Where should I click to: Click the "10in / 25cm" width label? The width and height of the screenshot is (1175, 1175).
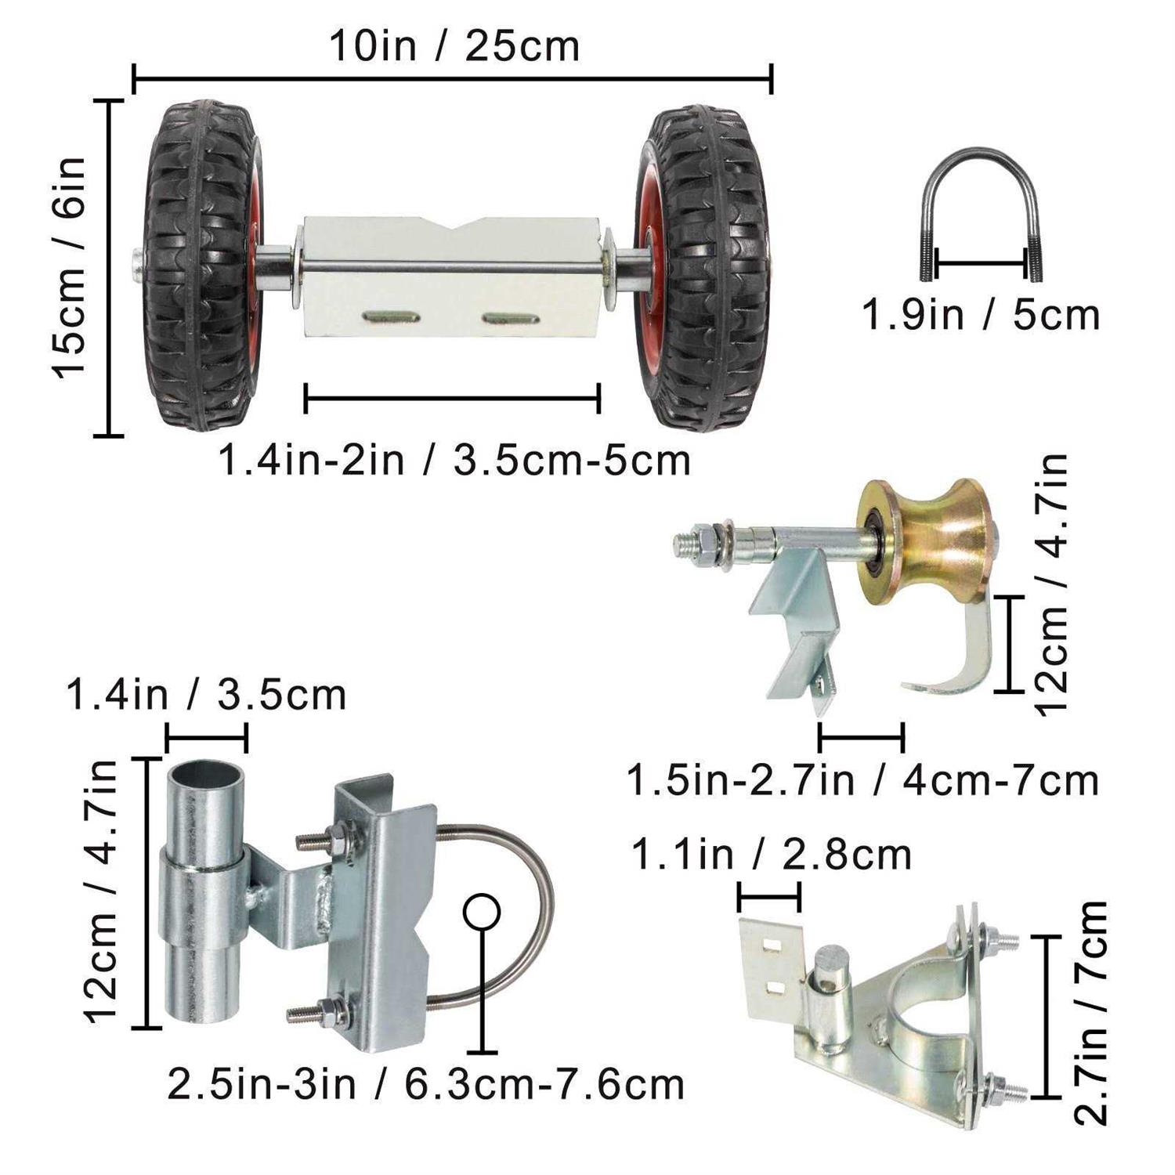coord(454,46)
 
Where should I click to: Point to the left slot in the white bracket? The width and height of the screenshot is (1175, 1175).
coord(391,317)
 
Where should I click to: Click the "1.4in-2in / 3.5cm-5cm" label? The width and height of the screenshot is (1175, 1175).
coord(454,460)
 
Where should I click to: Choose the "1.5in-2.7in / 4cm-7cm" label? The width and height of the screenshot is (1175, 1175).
coord(862,780)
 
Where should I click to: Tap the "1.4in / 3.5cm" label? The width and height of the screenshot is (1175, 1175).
coord(206,696)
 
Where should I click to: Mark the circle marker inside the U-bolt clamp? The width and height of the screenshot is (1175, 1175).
coord(481,912)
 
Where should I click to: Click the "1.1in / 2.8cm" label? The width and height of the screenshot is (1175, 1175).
coord(771,855)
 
